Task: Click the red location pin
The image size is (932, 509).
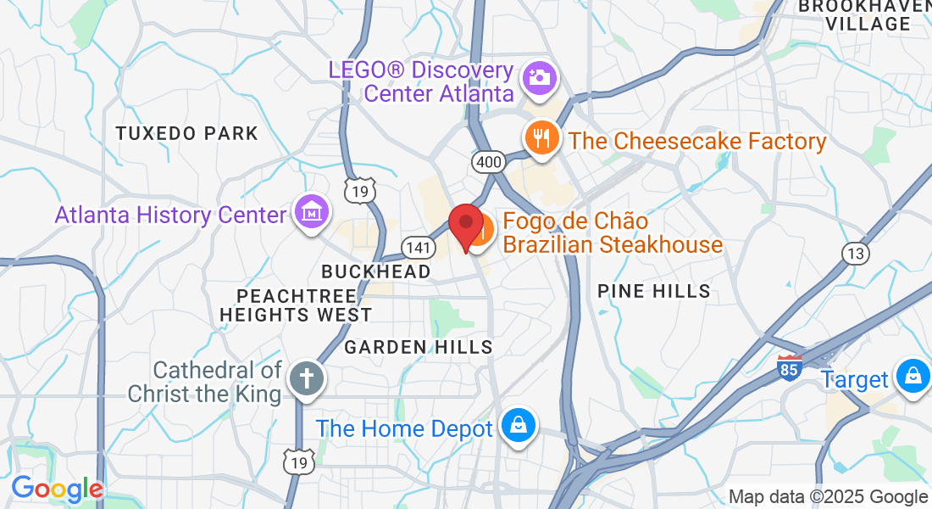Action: point(465,222)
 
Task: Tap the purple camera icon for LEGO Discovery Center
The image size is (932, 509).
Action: point(539,76)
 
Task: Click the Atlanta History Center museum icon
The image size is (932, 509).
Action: point(310,212)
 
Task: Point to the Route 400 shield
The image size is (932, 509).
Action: point(489,161)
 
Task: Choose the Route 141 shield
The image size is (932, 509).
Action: point(419,248)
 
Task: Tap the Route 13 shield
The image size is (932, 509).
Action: point(855,253)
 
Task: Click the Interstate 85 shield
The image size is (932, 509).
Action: point(789,367)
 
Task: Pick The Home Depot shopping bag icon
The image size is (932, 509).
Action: point(517,426)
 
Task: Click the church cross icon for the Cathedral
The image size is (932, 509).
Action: point(304,378)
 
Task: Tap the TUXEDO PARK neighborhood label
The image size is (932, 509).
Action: point(186,133)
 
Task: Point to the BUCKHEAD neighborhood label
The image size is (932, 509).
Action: point(375,271)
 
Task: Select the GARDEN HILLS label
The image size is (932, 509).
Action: point(419,347)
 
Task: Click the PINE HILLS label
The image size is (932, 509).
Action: point(653,292)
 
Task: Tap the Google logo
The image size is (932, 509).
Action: point(57,489)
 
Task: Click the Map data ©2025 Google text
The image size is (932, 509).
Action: point(828,497)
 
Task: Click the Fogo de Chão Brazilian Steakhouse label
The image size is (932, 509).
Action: point(613,233)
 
